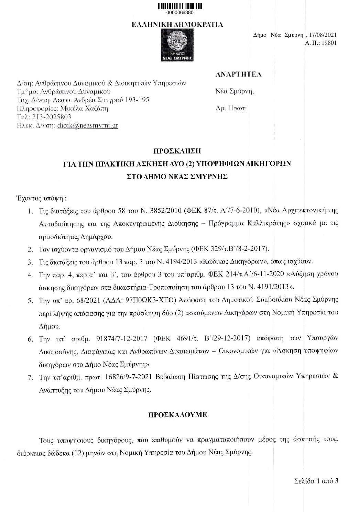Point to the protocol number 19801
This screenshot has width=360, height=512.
pos(329,43)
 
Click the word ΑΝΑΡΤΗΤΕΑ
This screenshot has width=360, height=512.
pos(238,74)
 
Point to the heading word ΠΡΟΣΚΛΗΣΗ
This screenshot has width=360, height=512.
pos(177,151)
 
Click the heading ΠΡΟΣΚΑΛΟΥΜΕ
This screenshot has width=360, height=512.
pos(177,414)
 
